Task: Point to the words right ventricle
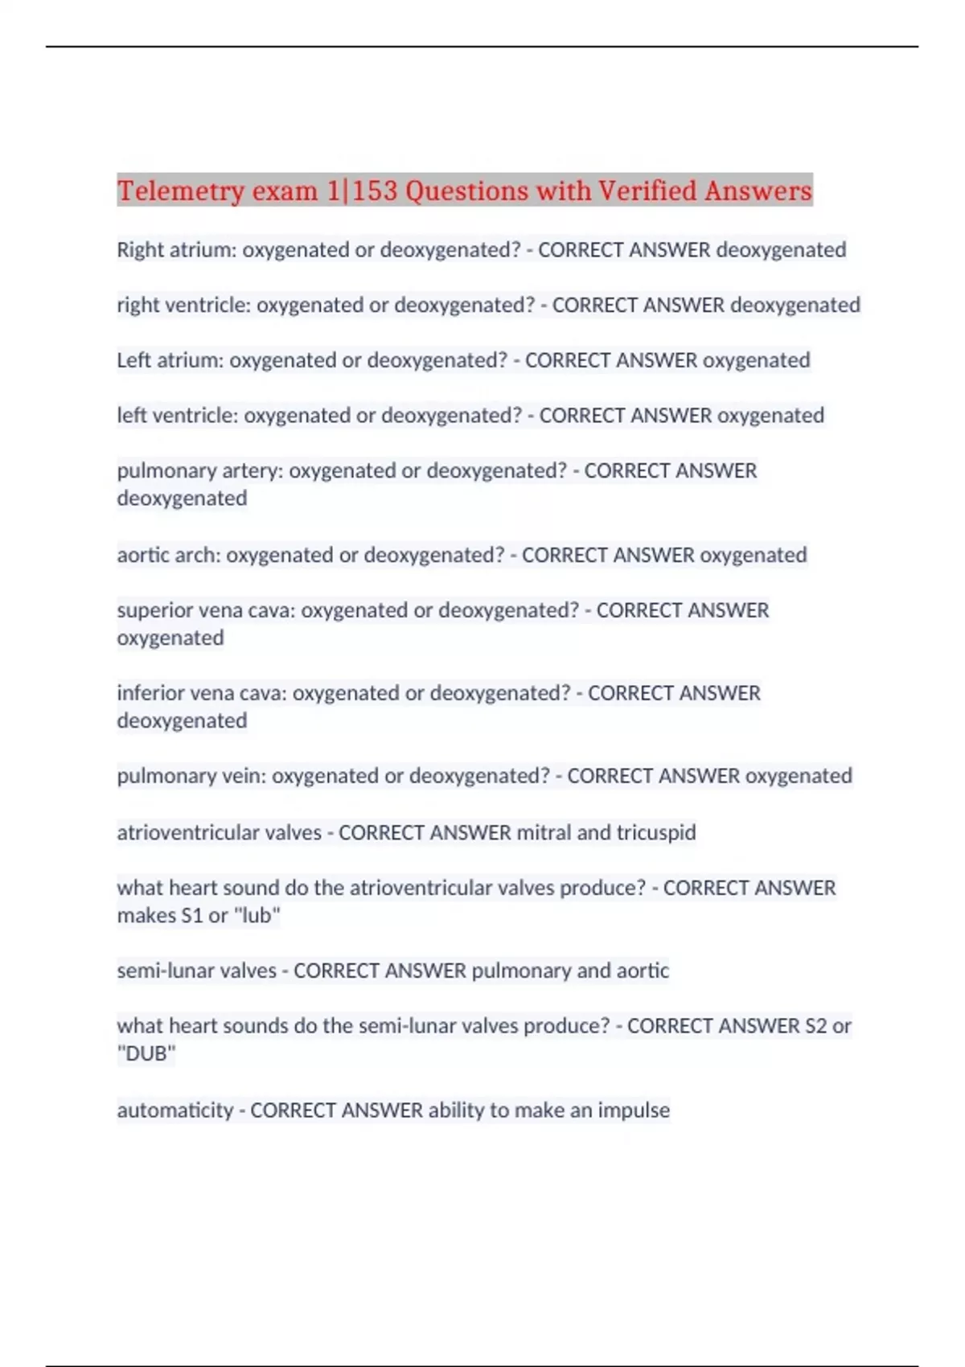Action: [183, 306]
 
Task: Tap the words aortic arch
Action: [168, 555]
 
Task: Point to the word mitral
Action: [544, 832]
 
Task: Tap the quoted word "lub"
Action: [257, 916]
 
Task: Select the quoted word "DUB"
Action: [146, 1053]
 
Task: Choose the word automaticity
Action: [175, 1110]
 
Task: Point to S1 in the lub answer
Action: [192, 916]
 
